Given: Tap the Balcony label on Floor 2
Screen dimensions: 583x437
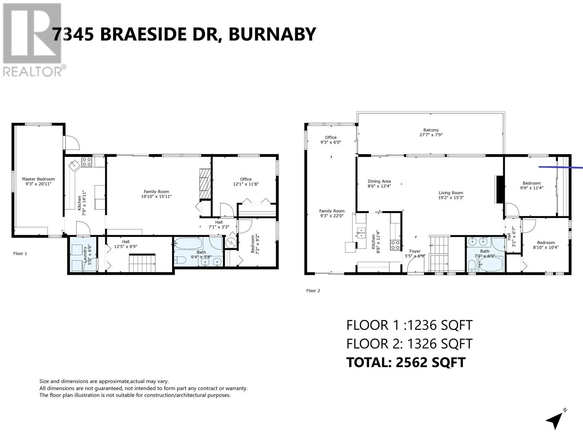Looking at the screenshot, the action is coord(431,130).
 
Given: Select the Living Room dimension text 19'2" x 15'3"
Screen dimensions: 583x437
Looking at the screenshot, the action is coord(451,197).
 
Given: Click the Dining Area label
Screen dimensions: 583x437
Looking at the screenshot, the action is coord(379,181).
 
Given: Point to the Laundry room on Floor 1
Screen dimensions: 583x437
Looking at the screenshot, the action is coord(83,254).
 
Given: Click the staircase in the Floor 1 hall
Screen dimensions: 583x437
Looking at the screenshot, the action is coord(142,263).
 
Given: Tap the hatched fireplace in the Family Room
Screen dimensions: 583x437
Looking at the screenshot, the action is coord(205,184).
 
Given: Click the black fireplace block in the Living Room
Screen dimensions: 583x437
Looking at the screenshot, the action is coord(500,189).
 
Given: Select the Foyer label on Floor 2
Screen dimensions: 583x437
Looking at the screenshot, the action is coord(415,251).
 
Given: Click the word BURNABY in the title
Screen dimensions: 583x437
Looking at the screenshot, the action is coord(272,34).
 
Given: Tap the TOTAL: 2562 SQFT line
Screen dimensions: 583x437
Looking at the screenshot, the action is coord(406,362).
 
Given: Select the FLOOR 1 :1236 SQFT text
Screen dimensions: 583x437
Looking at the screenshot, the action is coord(409,325).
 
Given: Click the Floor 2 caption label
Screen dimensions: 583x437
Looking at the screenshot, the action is coord(313,291).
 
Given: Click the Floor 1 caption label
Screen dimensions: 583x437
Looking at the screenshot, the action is coord(20,253).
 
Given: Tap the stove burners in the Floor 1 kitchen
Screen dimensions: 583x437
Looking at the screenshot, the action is coord(87,162).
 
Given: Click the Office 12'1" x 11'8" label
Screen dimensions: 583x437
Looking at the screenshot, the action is coord(246,181).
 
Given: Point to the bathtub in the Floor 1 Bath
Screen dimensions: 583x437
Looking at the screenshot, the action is coord(189,243).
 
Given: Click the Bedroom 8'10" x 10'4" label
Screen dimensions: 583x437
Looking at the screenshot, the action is coord(546,245).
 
